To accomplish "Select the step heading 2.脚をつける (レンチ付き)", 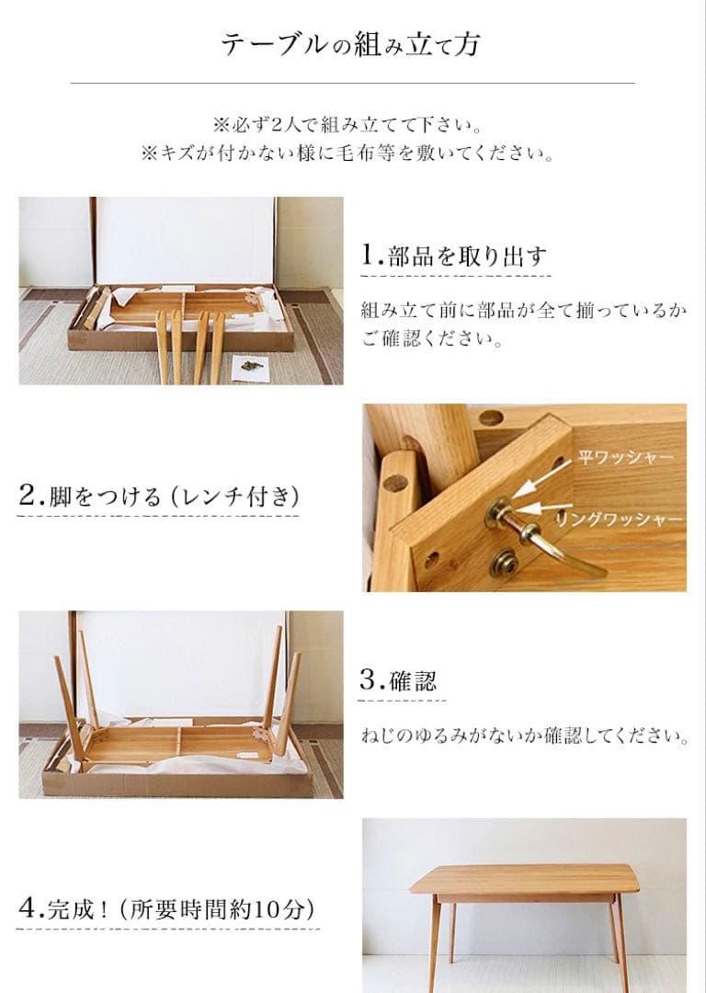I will [158, 496].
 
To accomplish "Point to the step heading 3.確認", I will [397, 681].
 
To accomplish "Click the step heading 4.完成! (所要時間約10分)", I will [166, 910].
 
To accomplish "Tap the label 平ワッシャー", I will [625, 457].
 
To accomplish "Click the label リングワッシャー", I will [618, 519].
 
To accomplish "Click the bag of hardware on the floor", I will [247, 365].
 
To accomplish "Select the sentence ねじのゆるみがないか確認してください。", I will [524, 736].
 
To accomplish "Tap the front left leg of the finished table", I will [433, 947].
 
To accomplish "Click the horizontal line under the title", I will [352, 84].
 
